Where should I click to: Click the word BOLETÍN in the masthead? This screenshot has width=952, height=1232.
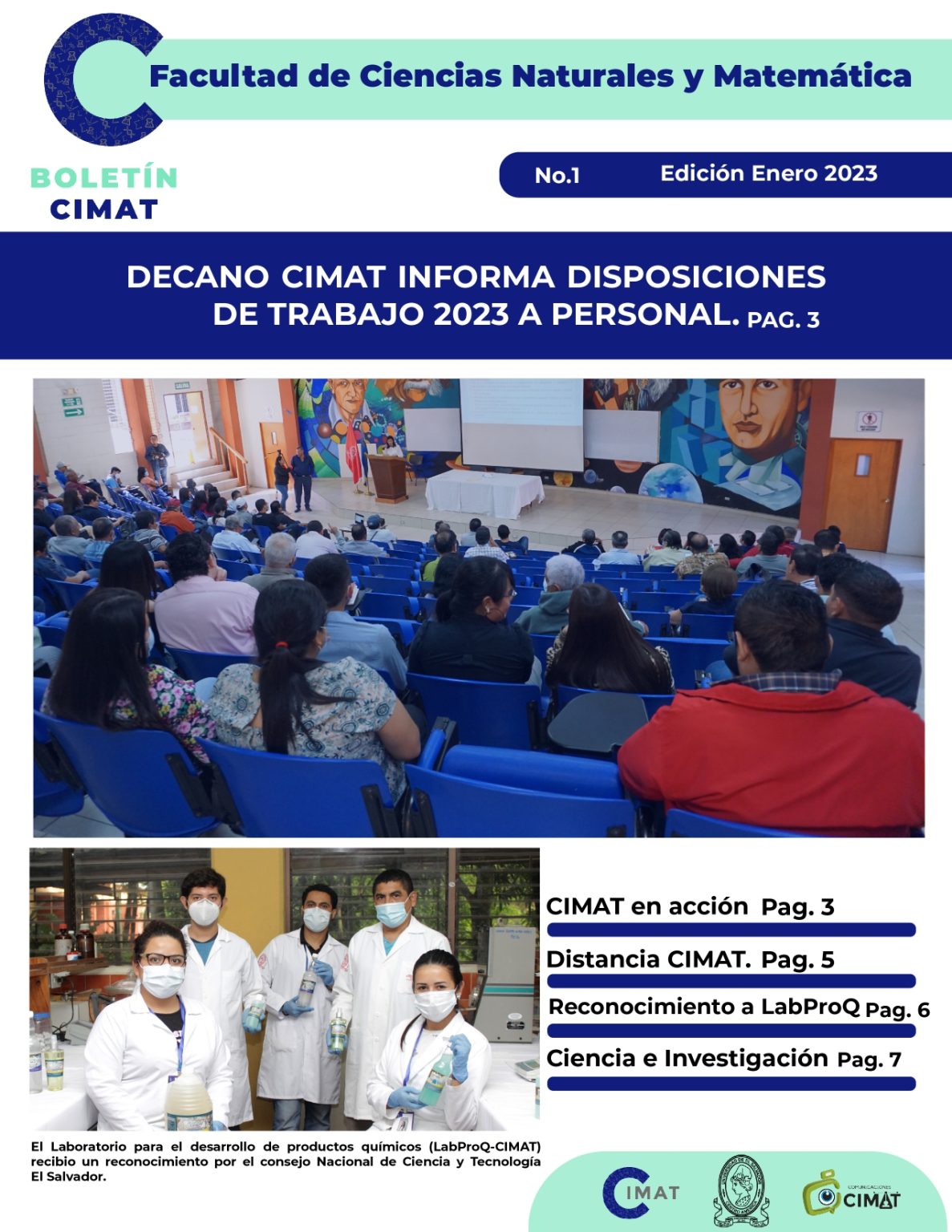click(x=103, y=177)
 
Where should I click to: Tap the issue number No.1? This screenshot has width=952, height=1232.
click(x=557, y=176)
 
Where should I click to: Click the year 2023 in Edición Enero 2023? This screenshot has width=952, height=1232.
click(x=851, y=173)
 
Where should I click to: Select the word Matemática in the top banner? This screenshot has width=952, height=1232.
click(x=812, y=76)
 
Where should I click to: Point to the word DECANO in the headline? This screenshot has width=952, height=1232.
click(x=198, y=278)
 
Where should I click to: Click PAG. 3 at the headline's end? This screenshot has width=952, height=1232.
click(x=783, y=320)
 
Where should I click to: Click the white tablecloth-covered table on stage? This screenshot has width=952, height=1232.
click(x=484, y=493)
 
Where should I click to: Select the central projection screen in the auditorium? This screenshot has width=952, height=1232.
click(x=521, y=423)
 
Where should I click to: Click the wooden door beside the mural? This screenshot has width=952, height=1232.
click(x=862, y=493)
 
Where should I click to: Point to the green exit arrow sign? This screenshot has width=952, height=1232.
click(x=74, y=412)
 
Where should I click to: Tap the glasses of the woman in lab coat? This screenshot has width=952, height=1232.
click(x=162, y=960)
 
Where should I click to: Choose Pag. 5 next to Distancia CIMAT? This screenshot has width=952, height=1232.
click(x=797, y=960)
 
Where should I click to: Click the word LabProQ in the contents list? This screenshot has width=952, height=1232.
click(x=810, y=1007)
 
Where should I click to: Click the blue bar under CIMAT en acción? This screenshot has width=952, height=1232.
click(x=731, y=930)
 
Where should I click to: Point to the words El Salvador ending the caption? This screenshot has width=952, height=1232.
click(x=68, y=1177)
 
